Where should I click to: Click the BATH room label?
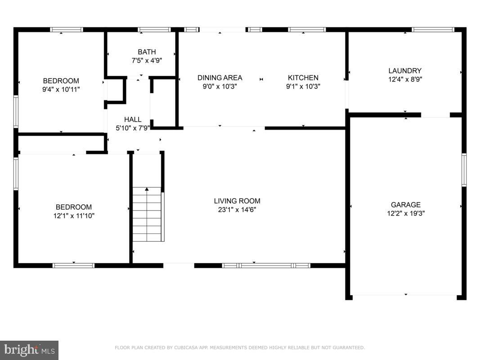click(x=147, y=52)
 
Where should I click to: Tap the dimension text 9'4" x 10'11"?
click(x=61, y=89)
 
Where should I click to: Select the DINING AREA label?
click(x=220, y=78)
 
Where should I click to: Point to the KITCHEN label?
click(x=303, y=78)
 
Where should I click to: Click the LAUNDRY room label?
click(x=405, y=71)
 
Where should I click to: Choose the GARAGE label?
click(x=405, y=205)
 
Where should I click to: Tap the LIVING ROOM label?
click(x=237, y=201)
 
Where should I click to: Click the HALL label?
click(x=133, y=120)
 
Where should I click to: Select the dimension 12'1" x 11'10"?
click(x=74, y=216)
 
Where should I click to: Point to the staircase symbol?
click(x=147, y=214)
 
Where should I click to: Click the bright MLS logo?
click(x=29, y=350)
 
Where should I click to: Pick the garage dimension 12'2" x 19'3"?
click(x=405, y=213)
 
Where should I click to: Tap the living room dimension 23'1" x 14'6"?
click(x=237, y=209)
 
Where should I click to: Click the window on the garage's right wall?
click(x=464, y=170)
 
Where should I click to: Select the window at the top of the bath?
click(x=154, y=30)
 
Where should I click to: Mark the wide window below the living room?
click(x=266, y=265)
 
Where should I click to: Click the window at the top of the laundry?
click(x=433, y=30)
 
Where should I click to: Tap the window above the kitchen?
click(x=307, y=30)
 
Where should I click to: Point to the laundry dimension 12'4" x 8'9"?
click(x=405, y=79)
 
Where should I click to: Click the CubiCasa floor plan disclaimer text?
click(x=240, y=347)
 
